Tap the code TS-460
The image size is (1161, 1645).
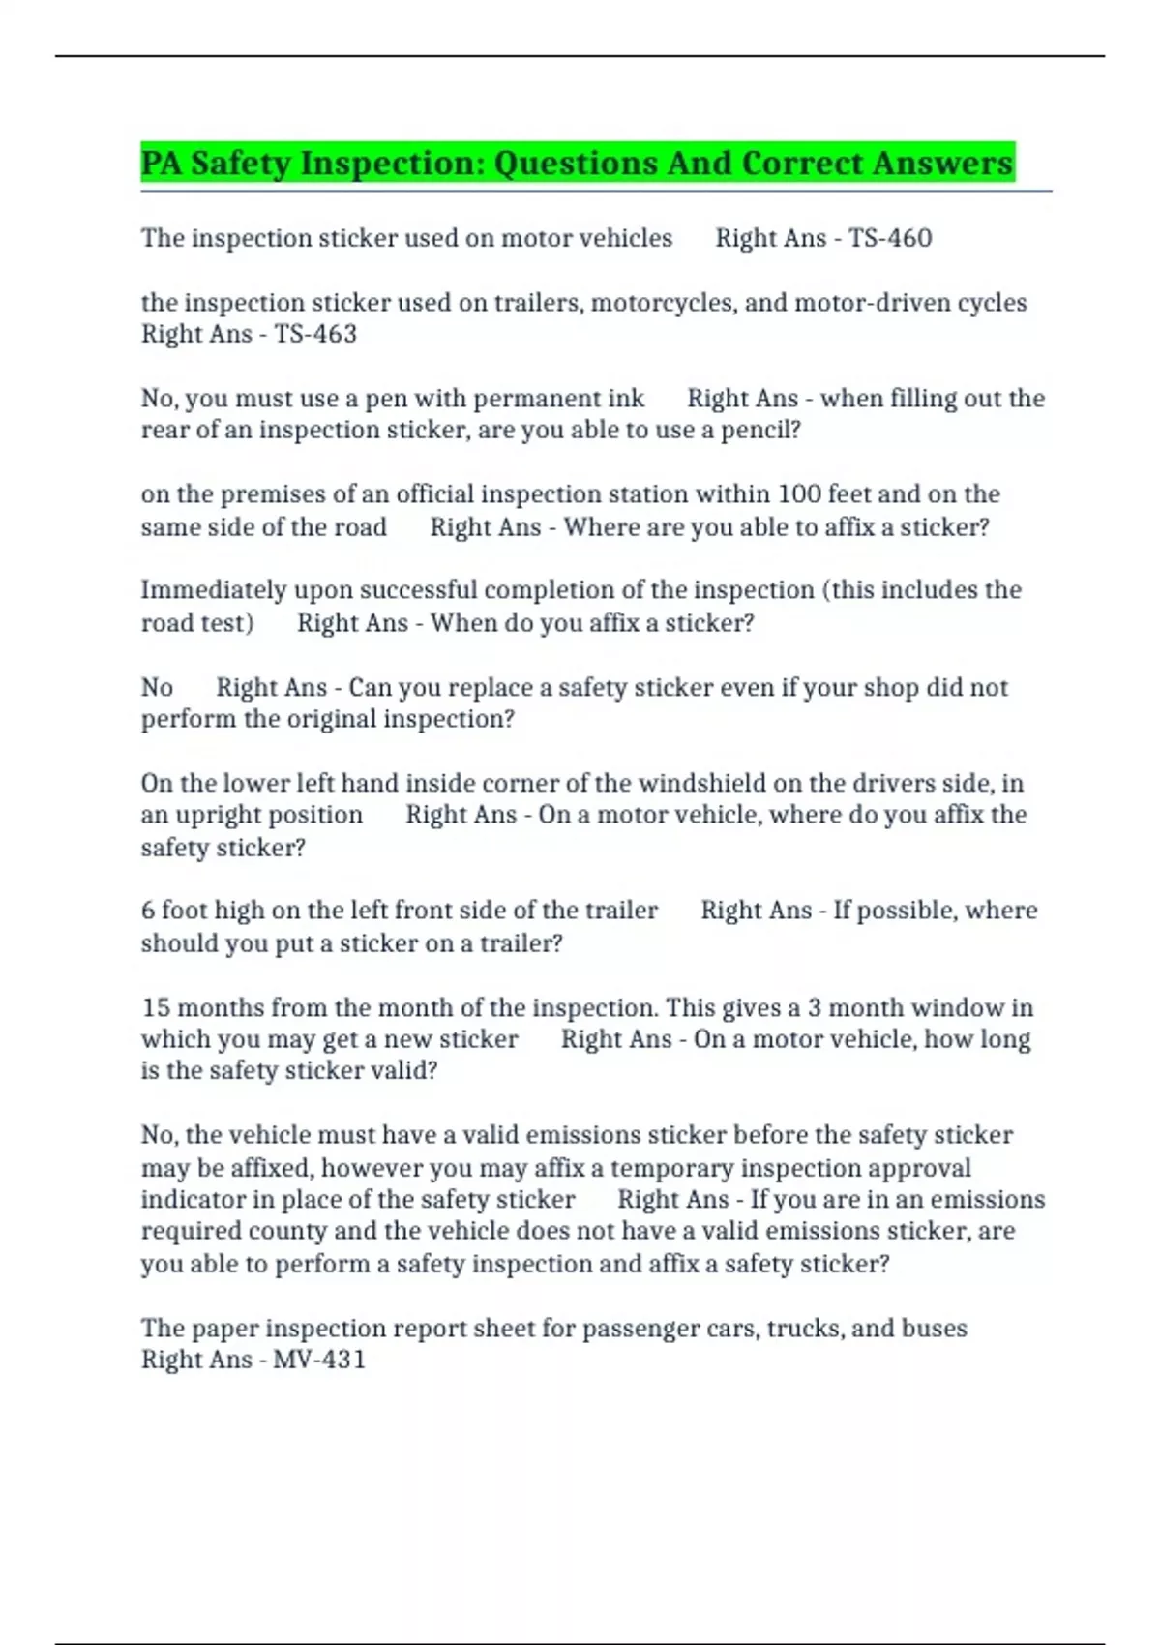click(890, 238)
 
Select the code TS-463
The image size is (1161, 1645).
click(315, 334)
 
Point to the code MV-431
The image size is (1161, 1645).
click(319, 1360)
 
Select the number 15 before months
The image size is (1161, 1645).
click(156, 1007)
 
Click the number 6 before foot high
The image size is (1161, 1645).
click(148, 911)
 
